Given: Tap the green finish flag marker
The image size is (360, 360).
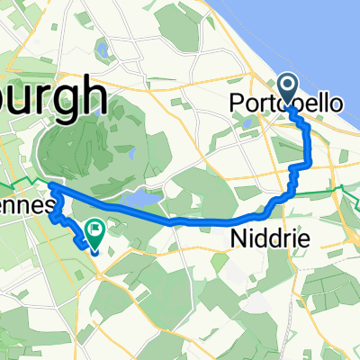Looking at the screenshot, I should (x=94, y=232).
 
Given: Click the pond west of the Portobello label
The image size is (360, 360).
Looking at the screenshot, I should (x=247, y=122).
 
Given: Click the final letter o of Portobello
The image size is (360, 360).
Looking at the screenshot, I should (x=337, y=104).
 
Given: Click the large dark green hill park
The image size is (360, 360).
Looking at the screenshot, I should (x=90, y=153).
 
